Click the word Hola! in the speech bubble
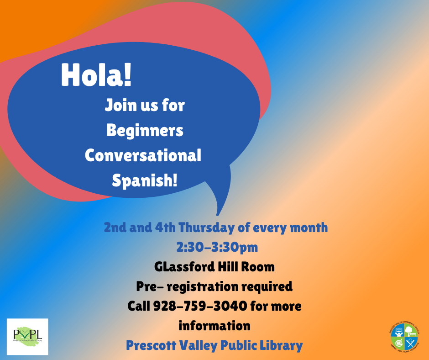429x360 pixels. (96, 75)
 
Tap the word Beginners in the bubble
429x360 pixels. (145, 131)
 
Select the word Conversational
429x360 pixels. (143, 156)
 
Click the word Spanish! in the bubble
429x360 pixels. (145, 180)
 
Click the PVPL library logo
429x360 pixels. (27, 337)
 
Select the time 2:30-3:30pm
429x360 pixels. (217, 247)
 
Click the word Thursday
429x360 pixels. (206, 227)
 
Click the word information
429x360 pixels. (214, 326)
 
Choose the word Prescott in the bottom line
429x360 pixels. (153, 345)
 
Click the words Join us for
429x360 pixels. (145, 106)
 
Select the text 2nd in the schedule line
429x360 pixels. (115, 227)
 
